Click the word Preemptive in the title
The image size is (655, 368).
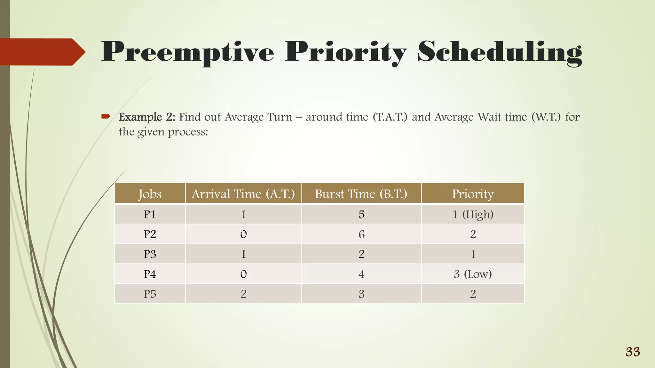[x=188, y=52]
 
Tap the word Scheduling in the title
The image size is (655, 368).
[x=500, y=52]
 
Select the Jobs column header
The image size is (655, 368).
[x=150, y=194]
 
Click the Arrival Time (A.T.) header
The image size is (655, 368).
[x=243, y=194]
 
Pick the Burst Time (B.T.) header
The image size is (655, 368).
[x=361, y=194]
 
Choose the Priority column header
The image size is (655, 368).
[x=473, y=194]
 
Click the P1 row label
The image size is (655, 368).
[x=150, y=214]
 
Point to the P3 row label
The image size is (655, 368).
[x=150, y=254]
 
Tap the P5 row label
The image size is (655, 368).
[x=150, y=294]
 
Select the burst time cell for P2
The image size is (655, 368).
[x=361, y=234]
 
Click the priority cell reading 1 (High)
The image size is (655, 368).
[x=473, y=214]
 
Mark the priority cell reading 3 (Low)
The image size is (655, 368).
[x=473, y=274]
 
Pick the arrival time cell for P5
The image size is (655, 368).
[x=243, y=294]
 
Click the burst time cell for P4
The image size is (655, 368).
[x=361, y=274]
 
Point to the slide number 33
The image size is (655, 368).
[x=633, y=352]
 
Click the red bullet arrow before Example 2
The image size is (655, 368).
[x=106, y=116]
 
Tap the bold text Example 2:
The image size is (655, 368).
[x=147, y=117]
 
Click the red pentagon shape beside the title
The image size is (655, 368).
[x=42, y=52]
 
